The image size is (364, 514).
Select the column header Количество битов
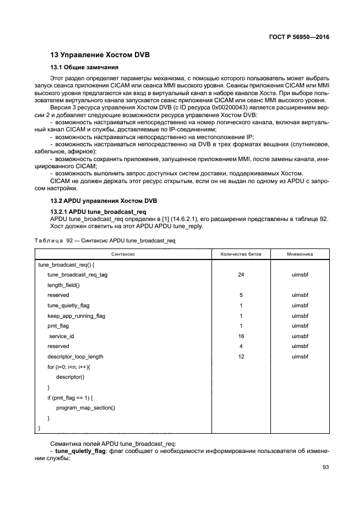click(241, 255)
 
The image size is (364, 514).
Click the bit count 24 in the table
click(241, 275)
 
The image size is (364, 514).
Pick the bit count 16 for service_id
click(241, 336)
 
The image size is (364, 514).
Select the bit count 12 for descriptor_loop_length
click(241, 356)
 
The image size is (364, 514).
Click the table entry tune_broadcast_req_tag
click(77, 275)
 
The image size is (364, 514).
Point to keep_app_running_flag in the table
click(76, 316)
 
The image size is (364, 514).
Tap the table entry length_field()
click(63, 285)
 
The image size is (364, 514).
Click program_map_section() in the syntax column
click(85, 407)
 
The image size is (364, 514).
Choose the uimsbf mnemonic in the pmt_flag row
click(300, 326)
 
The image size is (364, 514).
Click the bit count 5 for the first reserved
click(241, 295)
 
